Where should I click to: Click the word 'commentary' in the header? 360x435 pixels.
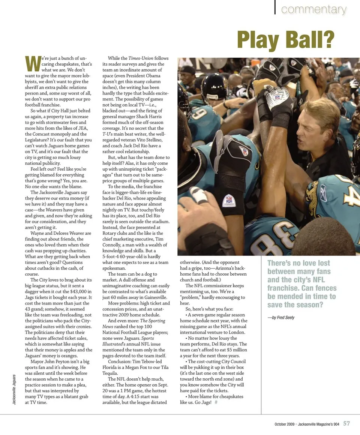(x=313, y=10)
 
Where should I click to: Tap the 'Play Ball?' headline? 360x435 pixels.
(x=285, y=39)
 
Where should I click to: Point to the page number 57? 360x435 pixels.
(x=346, y=423)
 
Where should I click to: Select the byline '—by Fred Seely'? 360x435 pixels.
(x=281, y=317)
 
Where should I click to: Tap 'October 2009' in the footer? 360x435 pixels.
(x=284, y=424)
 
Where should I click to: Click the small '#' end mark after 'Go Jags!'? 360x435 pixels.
(x=216, y=402)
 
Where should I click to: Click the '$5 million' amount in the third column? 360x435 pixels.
(x=236, y=350)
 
